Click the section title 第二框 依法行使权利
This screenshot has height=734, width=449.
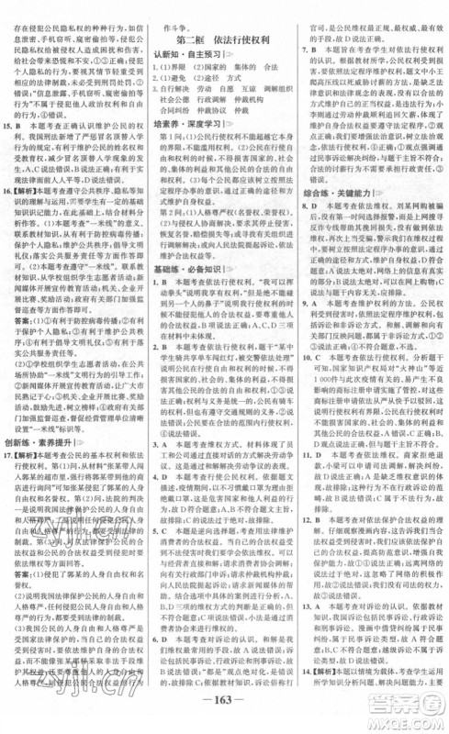[223, 40]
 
